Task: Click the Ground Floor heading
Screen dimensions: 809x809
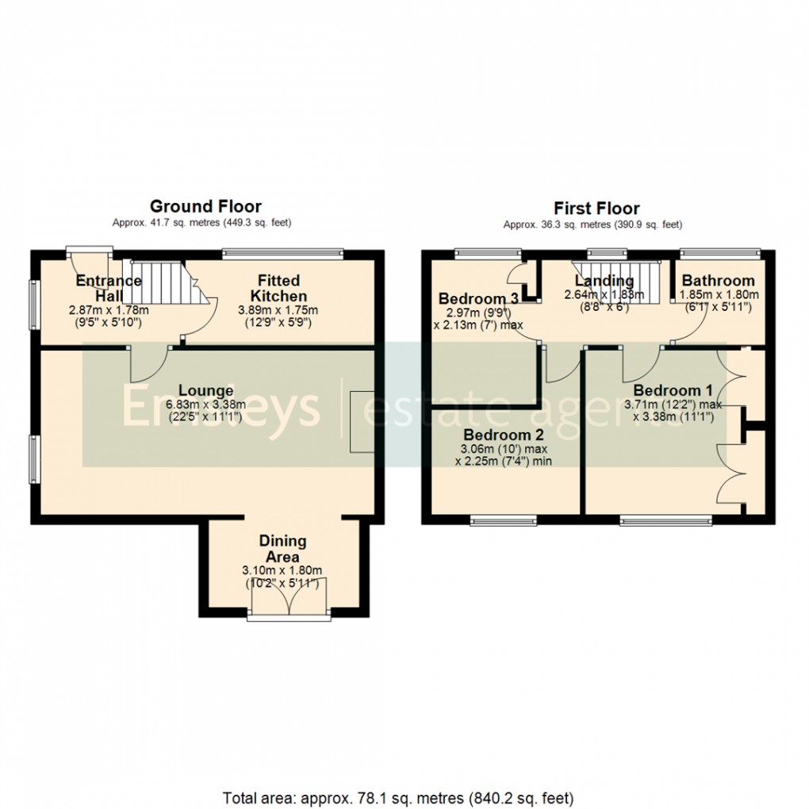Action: pyautogui.click(x=205, y=207)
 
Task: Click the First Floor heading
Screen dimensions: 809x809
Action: pyautogui.click(x=596, y=209)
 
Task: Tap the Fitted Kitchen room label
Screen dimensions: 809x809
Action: pyautogui.click(x=278, y=289)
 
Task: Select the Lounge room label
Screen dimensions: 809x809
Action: pyautogui.click(x=205, y=390)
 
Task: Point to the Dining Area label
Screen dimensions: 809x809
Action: pyautogui.click(x=282, y=548)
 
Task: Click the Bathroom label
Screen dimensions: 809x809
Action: pyautogui.click(x=718, y=281)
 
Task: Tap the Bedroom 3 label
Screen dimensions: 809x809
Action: pyautogui.click(x=479, y=299)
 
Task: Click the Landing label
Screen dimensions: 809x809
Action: pyautogui.click(x=604, y=281)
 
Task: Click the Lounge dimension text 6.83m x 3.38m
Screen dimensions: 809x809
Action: pyautogui.click(x=205, y=404)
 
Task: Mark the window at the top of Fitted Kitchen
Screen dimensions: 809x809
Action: pyautogui.click(x=282, y=253)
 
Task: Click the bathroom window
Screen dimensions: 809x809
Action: pyautogui.click(x=720, y=253)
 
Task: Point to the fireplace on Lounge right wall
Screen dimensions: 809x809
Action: pyautogui.click(x=361, y=422)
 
